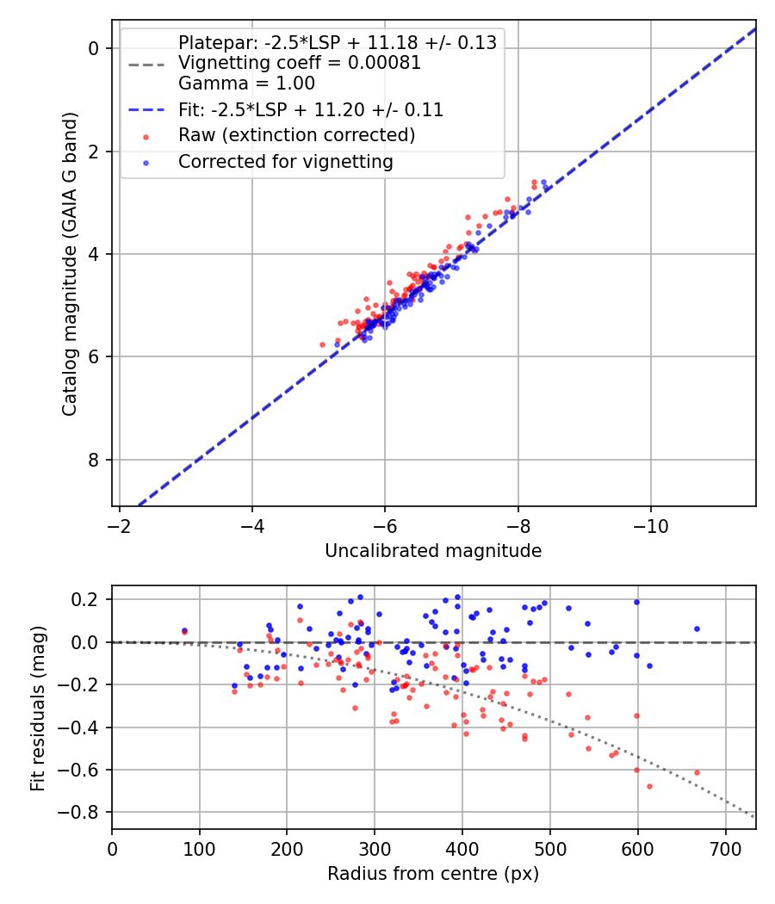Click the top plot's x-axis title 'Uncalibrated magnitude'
(x=433, y=551)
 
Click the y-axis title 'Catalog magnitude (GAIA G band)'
(x=70, y=264)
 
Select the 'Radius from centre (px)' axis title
(x=433, y=874)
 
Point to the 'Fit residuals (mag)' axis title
(x=38, y=708)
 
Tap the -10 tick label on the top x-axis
(x=650, y=526)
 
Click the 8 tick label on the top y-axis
(x=93, y=460)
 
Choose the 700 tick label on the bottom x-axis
(x=725, y=849)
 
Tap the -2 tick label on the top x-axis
(x=120, y=526)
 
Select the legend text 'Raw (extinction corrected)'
(x=297, y=135)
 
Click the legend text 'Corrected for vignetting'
(x=286, y=162)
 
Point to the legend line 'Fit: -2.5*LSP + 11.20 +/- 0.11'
(x=311, y=109)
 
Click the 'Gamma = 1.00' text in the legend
(x=247, y=83)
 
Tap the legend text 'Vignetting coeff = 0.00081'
(x=300, y=62)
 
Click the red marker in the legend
(x=146, y=137)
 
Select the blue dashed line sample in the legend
(x=146, y=109)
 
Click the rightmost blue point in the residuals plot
(x=697, y=629)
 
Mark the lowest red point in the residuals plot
(x=650, y=786)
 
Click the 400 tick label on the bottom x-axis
(x=462, y=849)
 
